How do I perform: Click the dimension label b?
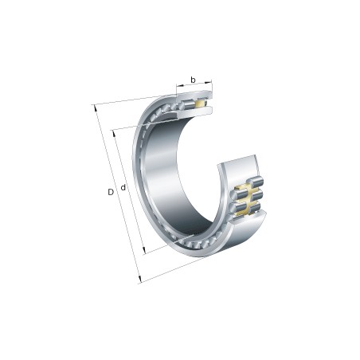192,80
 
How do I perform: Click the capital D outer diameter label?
111,192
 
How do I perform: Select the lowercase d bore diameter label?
123,189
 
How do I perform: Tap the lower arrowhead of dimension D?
139,280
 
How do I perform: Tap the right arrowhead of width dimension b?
211,82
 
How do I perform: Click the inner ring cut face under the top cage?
196,112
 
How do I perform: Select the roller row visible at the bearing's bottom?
191,240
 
